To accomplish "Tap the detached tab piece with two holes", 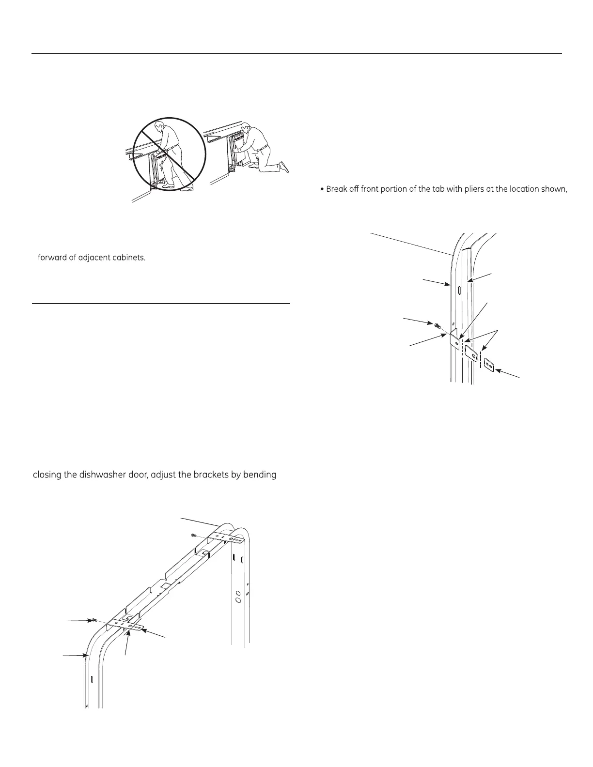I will click(x=488, y=364).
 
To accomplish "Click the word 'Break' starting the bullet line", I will click(x=337, y=189).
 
